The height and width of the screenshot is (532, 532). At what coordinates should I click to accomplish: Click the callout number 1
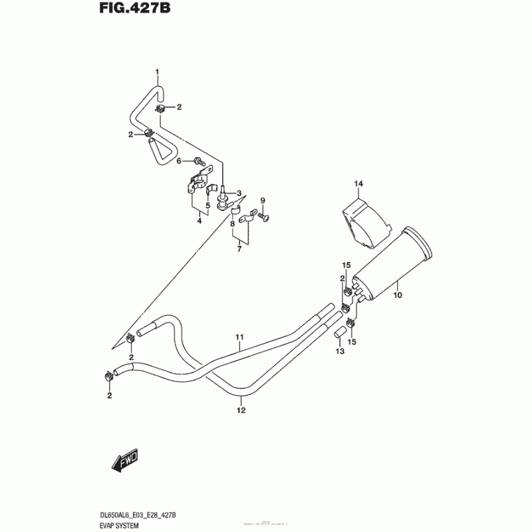pos(158,71)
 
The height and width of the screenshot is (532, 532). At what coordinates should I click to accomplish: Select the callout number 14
pos(357,184)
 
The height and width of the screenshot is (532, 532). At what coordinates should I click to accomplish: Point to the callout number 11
pos(240,337)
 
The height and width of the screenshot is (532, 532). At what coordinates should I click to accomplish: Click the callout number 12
pos(241,410)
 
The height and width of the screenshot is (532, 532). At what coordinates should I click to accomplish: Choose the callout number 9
pos(262,201)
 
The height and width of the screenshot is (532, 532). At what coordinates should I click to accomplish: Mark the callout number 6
pos(178,161)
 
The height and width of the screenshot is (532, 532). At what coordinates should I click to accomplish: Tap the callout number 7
pos(237,249)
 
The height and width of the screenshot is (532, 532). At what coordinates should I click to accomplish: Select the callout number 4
pos(199,221)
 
